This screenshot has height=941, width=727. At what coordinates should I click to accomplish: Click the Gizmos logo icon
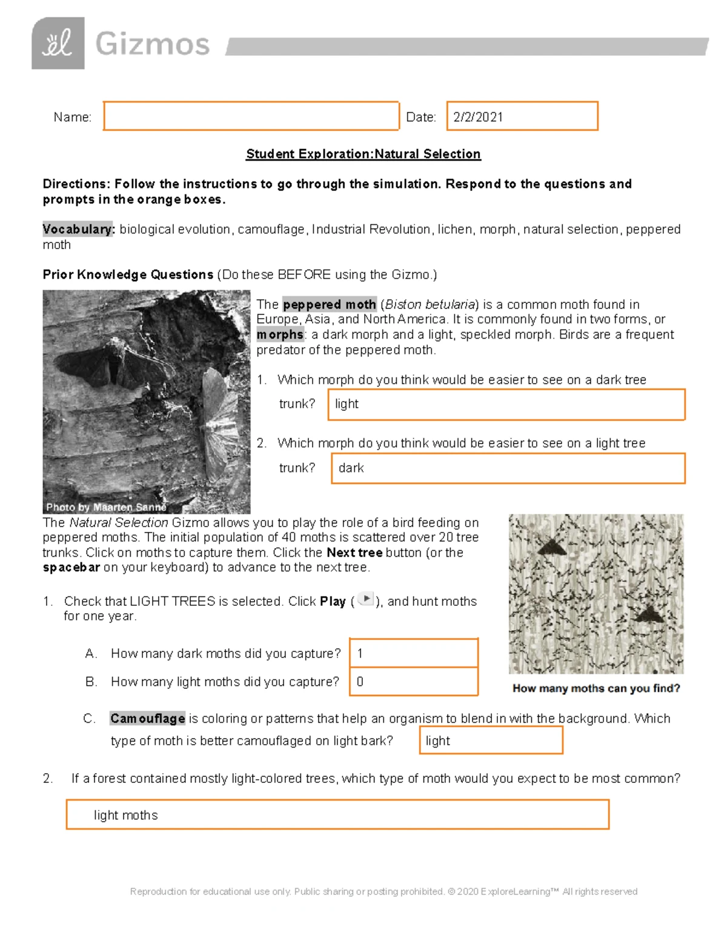pos(58,43)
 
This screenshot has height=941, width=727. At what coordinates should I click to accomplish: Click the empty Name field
pos(251,116)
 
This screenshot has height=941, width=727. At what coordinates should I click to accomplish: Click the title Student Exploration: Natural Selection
pos(363,154)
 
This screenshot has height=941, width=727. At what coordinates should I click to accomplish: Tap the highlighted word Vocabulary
pos(78,229)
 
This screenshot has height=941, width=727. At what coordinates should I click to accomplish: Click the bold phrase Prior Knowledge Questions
pos(128,274)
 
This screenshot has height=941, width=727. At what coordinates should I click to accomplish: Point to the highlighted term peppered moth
pos(330,304)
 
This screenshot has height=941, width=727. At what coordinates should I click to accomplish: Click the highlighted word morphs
pos(280,334)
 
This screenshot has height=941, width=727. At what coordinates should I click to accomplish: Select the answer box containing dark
pos(508,468)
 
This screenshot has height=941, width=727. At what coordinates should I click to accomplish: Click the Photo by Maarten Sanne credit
pos(106,507)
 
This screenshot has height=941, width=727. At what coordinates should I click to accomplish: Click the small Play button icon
pos(366,599)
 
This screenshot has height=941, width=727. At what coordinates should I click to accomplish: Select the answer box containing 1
pos(414,653)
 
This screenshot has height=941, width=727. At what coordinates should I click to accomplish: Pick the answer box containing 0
pos(414,682)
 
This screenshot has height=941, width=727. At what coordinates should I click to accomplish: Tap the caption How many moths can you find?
pos(596,688)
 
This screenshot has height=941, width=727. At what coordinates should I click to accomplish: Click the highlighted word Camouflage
pos(147,719)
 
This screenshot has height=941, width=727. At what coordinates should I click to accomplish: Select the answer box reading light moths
pos(337,815)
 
